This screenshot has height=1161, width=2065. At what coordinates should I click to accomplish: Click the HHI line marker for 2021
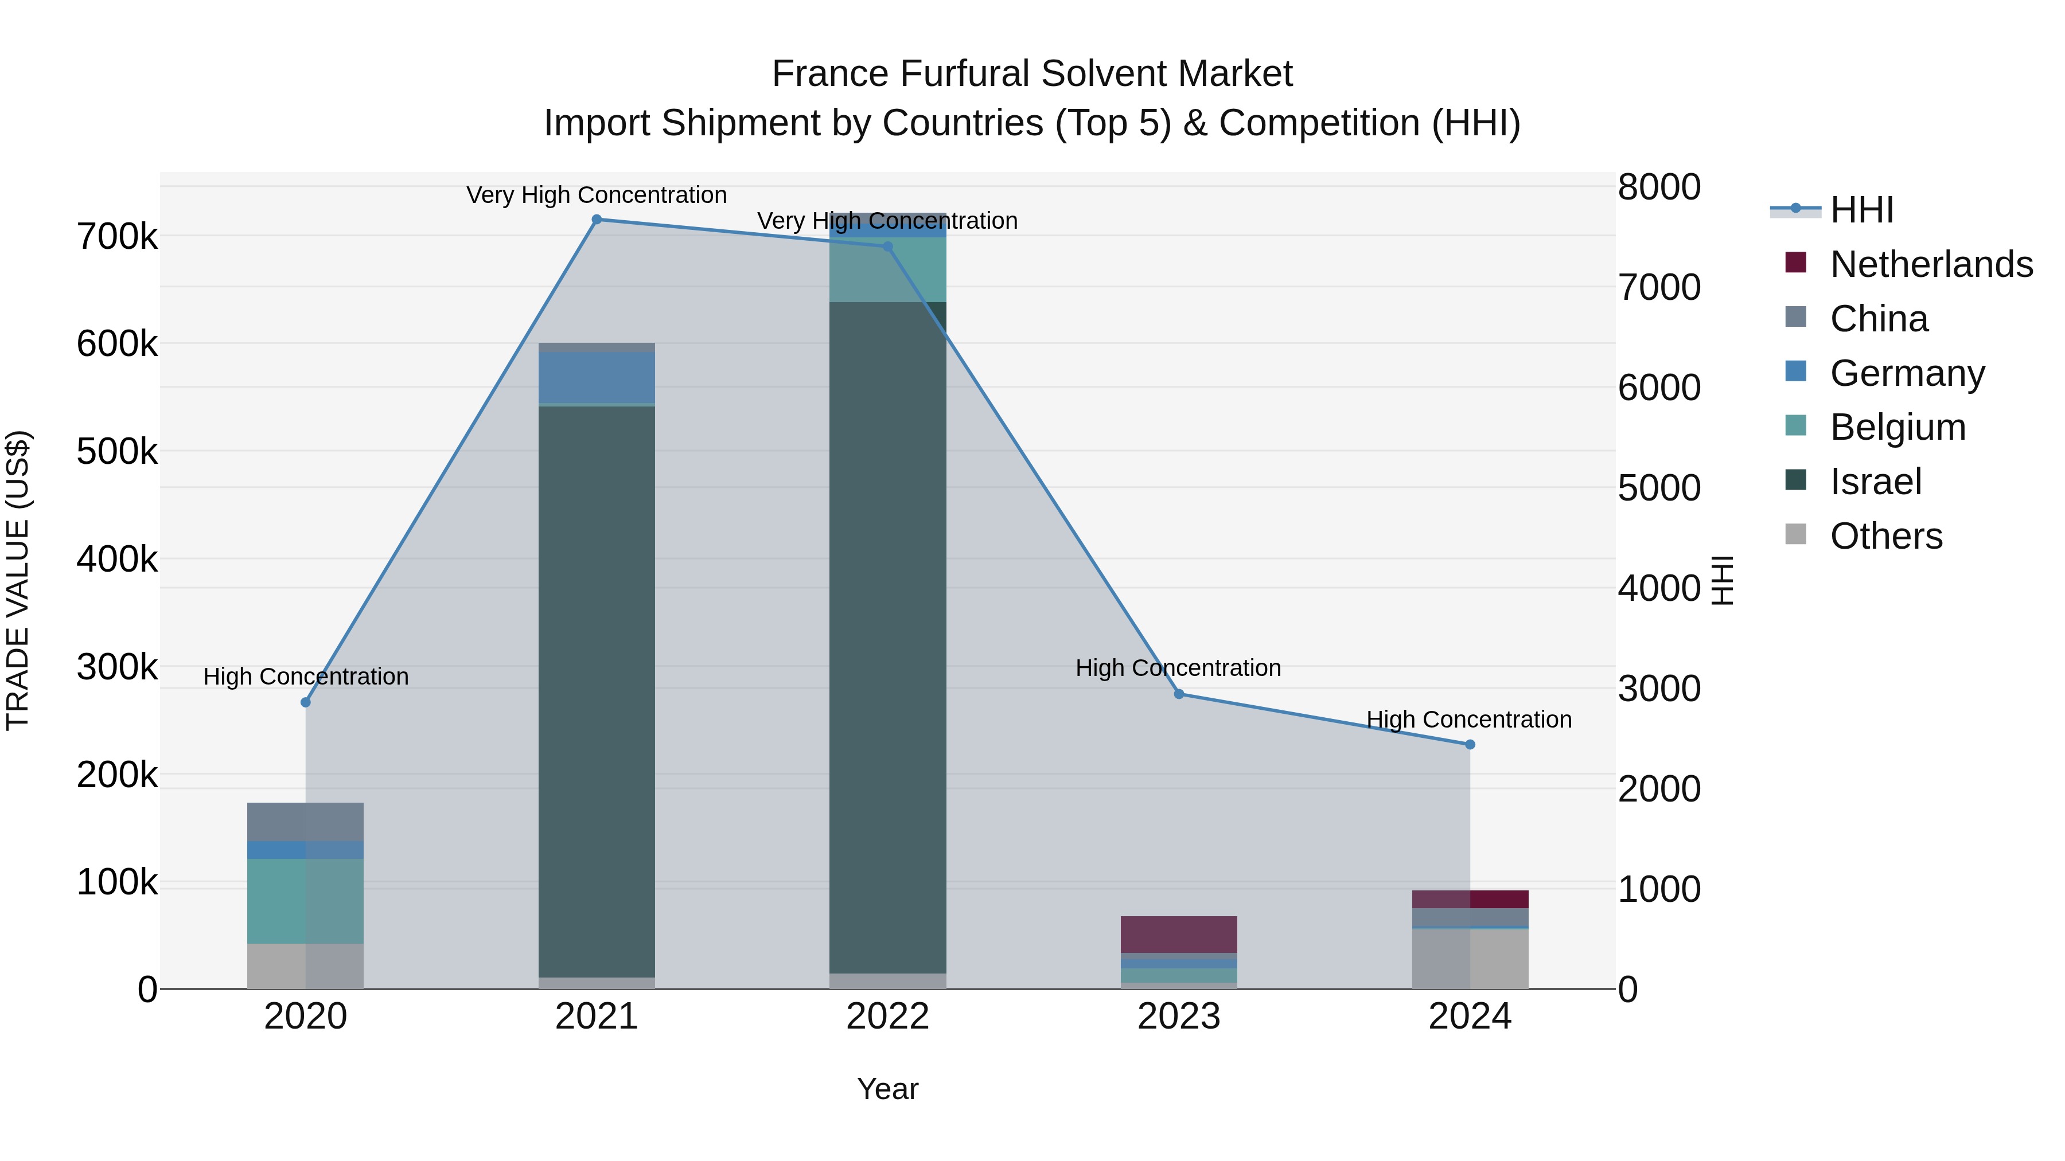pos(597,220)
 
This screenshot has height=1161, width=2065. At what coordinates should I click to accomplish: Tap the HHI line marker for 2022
pos(887,247)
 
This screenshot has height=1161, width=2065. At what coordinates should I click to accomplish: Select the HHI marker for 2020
pos(305,703)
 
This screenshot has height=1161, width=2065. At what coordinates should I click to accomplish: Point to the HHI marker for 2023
pos(1178,694)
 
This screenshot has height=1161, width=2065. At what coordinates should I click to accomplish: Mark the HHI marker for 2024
pos(1470,744)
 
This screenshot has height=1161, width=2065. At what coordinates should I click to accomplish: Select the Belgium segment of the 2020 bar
pos(305,901)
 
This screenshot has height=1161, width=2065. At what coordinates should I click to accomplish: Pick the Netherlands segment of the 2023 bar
pos(1178,935)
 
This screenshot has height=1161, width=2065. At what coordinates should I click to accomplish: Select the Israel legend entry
pos(1876,482)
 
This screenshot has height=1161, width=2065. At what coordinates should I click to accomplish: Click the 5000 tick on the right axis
pos(1658,488)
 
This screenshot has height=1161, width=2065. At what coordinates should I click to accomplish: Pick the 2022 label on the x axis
pos(887,1017)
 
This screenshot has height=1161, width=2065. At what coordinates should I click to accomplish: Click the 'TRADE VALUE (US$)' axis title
pos(18,579)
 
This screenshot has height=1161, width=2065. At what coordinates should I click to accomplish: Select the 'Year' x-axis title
pos(887,1089)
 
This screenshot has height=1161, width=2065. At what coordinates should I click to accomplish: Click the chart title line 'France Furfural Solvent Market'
pos(1032,74)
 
